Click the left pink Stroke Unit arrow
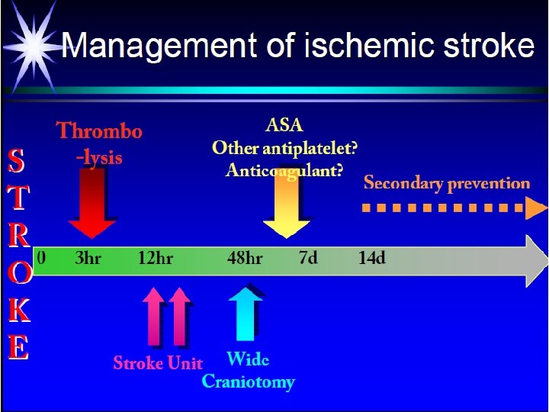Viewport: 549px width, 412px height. pyautogui.click(x=153, y=317)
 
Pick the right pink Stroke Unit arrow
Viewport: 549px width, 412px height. pyautogui.click(x=179, y=317)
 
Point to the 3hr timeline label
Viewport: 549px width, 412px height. pyautogui.click(x=88, y=258)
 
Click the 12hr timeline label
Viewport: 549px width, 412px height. pyautogui.click(x=155, y=258)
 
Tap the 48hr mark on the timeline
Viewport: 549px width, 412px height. pyautogui.click(x=245, y=258)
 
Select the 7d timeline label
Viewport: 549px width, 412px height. pyautogui.click(x=308, y=258)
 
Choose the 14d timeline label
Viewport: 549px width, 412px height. pyautogui.click(x=372, y=258)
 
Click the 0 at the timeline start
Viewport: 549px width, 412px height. pyautogui.click(x=42, y=258)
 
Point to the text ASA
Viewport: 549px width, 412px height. pyautogui.click(x=284, y=124)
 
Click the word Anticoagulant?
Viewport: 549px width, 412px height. pyautogui.click(x=284, y=171)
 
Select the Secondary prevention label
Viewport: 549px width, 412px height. pyautogui.click(x=447, y=183)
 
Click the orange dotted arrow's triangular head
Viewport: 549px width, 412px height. pyautogui.click(x=536, y=207)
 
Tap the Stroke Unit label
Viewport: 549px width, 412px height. pyautogui.click(x=158, y=362)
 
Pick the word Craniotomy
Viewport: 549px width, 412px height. pyautogui.click(x=248, y=381)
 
